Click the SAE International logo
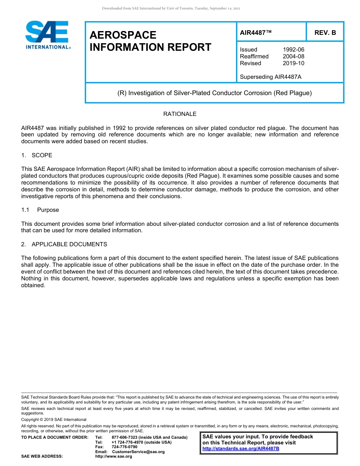click(x=47, y=35)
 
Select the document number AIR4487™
click(x=256, y=33)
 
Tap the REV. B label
click(x=325, y=33)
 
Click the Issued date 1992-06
click(x=293, y=50)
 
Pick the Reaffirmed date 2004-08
click(x=293, y=56)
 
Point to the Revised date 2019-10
click(x=293, y=63)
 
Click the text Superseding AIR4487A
click(x=271, y=77)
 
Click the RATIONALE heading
click(x=180, y=114)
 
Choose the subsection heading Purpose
click(x=48, y=210)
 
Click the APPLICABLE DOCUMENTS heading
click(x=69, y=244)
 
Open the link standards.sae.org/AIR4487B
click(x=241, y=449)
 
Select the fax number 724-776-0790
click(x=124, y=447)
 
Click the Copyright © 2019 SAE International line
click(x=54, y=419)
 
